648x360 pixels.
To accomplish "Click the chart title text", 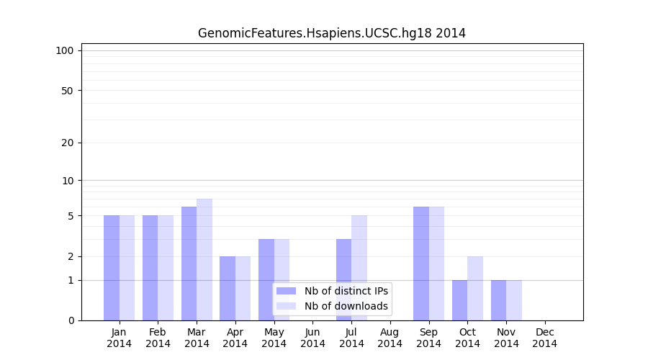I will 331,33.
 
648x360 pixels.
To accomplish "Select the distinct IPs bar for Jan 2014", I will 112,267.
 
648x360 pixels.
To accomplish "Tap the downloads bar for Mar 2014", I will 204,259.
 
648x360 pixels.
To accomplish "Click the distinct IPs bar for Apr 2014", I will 228,288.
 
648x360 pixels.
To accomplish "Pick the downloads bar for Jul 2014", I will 359,267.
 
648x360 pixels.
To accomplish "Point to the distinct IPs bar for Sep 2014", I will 421,263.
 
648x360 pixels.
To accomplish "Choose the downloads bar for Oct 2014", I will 475,288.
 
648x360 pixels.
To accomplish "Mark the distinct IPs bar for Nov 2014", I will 498,300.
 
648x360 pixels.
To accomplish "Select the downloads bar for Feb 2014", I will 166,267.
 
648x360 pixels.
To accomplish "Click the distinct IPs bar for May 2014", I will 266,279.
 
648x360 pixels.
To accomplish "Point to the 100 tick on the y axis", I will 65,50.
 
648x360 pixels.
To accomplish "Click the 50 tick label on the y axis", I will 67,91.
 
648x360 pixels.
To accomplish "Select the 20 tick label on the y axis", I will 67,143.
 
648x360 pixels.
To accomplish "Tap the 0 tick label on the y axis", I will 71,320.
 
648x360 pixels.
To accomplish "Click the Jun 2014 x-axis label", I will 312,338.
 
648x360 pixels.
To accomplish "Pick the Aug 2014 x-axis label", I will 390,338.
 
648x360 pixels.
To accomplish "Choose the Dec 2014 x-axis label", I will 544,338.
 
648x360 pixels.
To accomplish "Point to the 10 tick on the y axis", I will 67,180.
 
